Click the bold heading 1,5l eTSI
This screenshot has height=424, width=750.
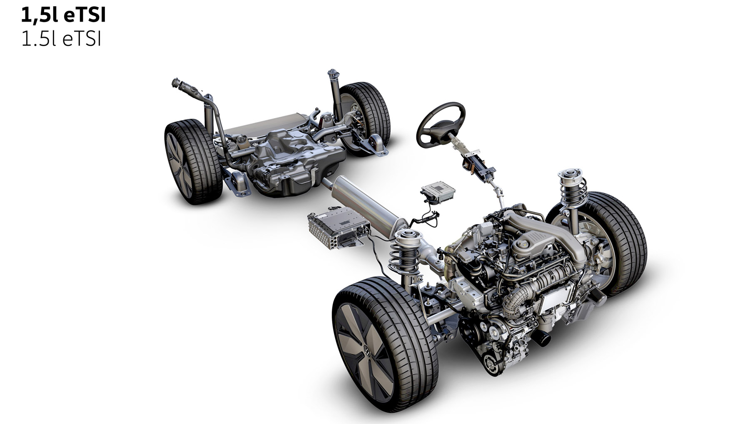coord(63,15)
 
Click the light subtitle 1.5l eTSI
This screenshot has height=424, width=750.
coord(61,40)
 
